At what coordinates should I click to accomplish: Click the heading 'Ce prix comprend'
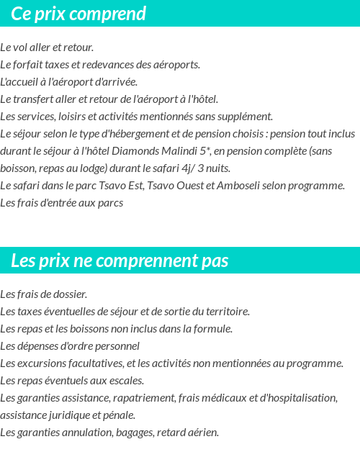(x=78, y=14)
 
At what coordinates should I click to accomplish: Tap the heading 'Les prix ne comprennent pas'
(x=120, y=261)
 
